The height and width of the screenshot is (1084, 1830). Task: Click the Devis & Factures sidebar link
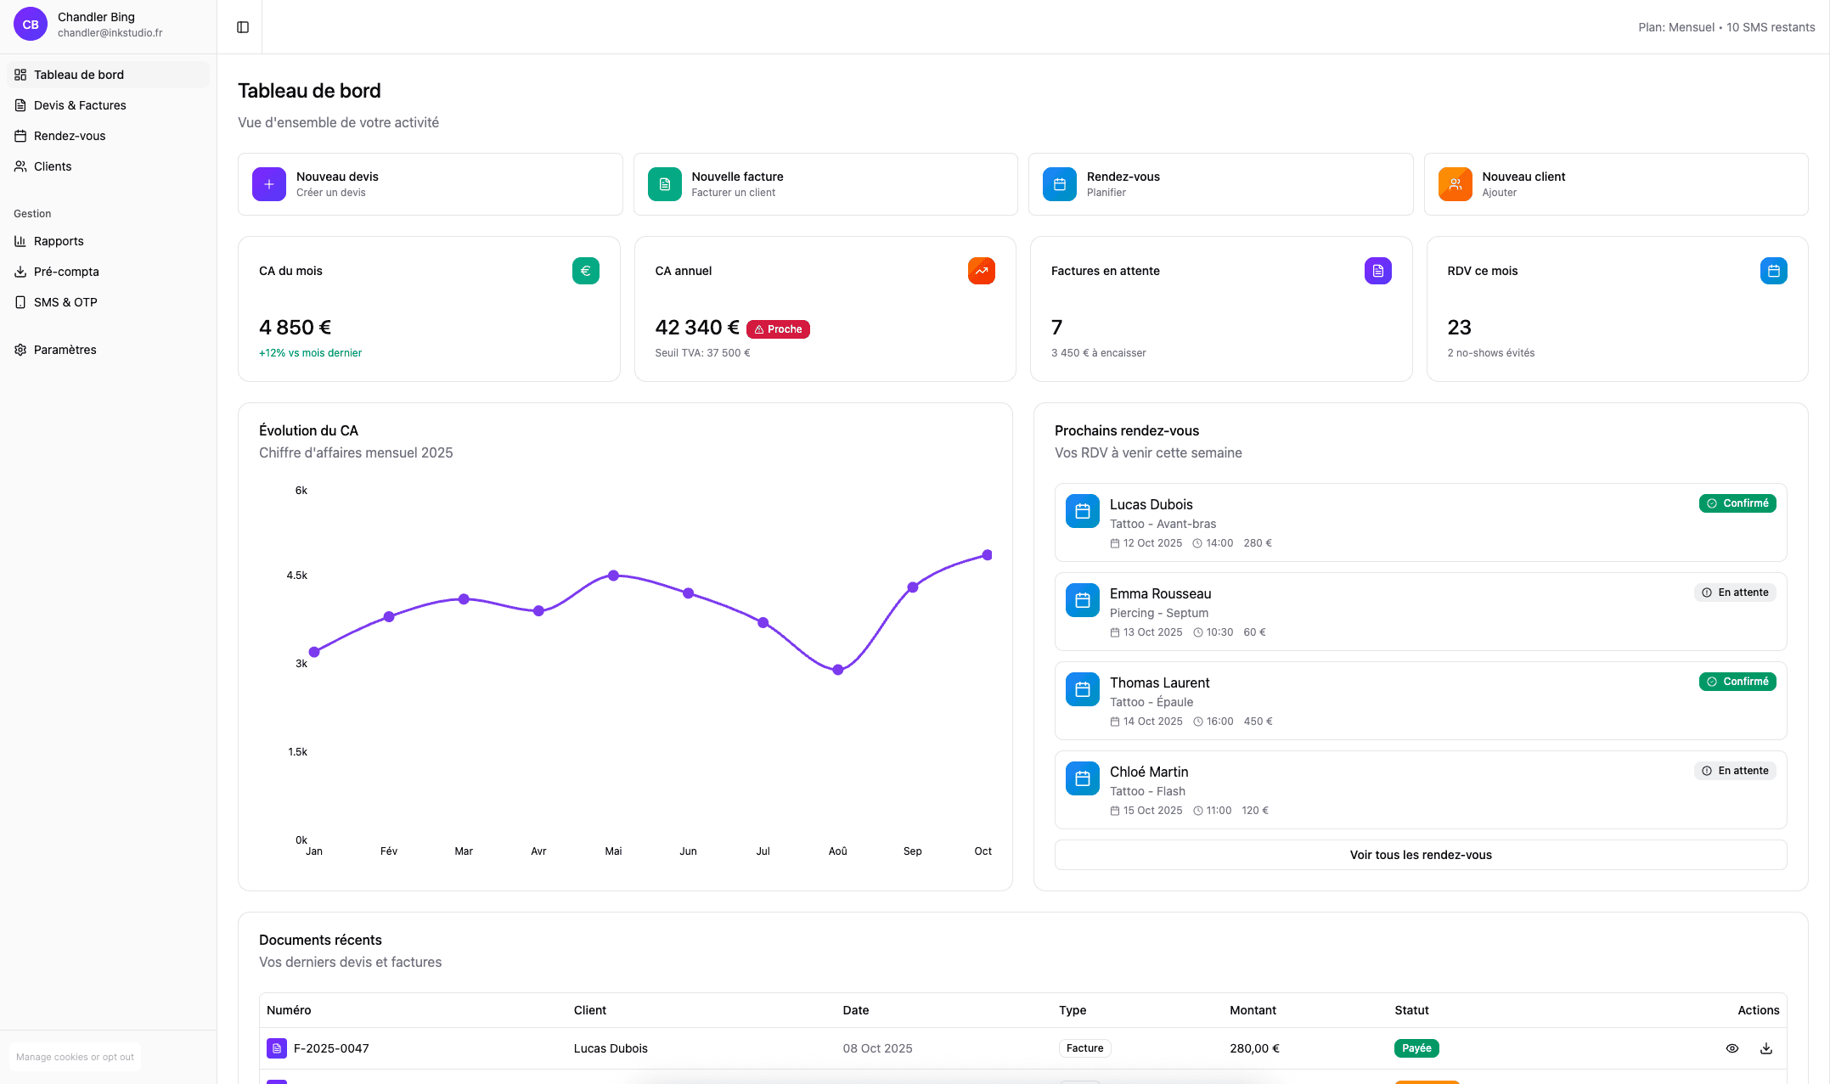[x=80, y=105]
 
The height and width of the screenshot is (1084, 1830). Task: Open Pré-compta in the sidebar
[x=66, y=272]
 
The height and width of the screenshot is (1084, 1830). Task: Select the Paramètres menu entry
[x=65, y=350]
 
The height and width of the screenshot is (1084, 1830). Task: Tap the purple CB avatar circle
[x=31, y=25]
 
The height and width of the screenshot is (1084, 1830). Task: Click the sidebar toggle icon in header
[x=243, y=27]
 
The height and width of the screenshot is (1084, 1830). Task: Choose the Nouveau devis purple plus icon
[x=269, y=184]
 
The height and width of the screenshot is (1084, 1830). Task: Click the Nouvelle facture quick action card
[x=825, y=184]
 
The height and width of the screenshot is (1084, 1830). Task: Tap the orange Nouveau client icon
[x=1455, y=184]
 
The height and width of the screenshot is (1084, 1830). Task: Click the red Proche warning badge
[x=778, y=329]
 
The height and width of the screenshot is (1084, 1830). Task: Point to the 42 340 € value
[x=696, y=328]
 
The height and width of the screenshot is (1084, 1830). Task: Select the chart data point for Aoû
[x=838, y=670]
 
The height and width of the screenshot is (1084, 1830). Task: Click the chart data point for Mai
[x=613, y=576]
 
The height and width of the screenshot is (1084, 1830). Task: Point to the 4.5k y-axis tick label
[x=297, y=576]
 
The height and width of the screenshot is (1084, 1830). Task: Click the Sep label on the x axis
[x=912, y=851]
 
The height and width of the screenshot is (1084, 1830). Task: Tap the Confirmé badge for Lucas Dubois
[x=1737, y=503]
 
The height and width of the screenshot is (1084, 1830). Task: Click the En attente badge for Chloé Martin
[x=1735, y=771]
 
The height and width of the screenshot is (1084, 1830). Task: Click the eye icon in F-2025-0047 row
[x=1732, y=1048]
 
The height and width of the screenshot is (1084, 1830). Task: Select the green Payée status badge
[x=1416, y=1048]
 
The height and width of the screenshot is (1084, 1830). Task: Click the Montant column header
[x=1253, y=1010]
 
